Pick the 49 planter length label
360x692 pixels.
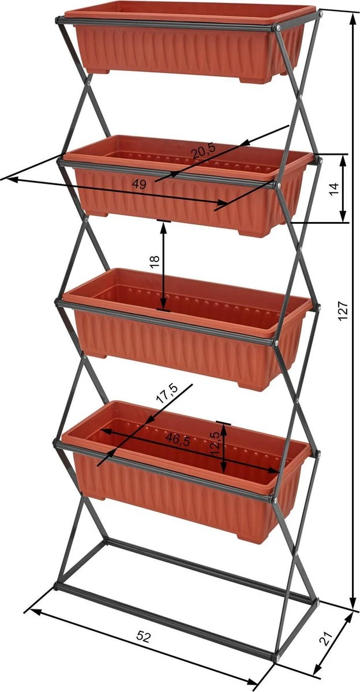139,185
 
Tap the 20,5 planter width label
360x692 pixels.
204,152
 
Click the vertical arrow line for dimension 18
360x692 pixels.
164,265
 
